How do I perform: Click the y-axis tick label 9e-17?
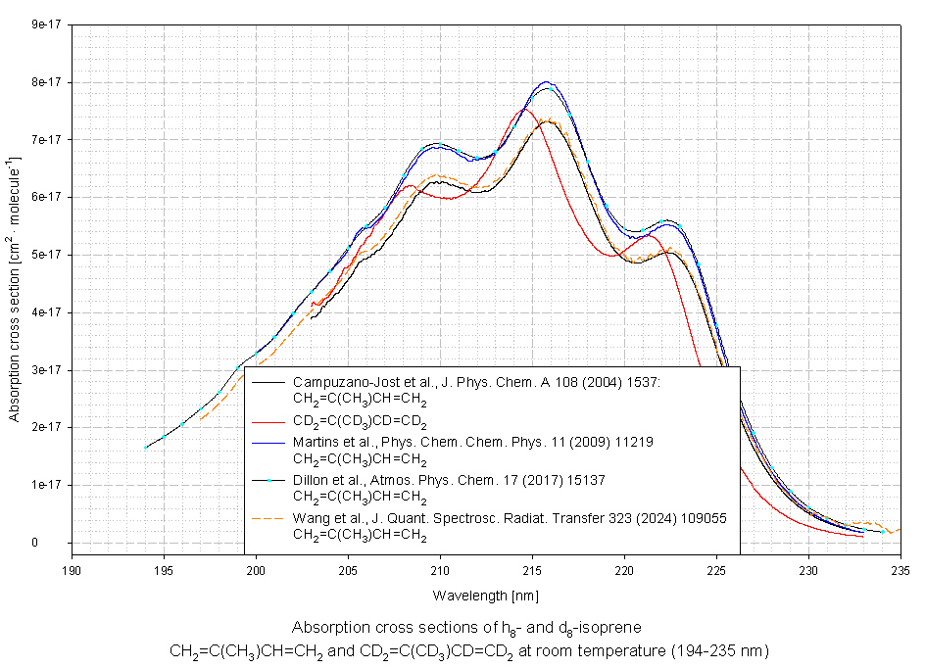(47, 24)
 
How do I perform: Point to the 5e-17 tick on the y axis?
(47, 255)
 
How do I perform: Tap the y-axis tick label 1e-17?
(47, 485)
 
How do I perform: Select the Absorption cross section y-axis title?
(15, 289)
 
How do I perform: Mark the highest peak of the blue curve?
(547, 83)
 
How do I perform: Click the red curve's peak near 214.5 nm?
(522, 109)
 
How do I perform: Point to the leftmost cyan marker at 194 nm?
(145, 448)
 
